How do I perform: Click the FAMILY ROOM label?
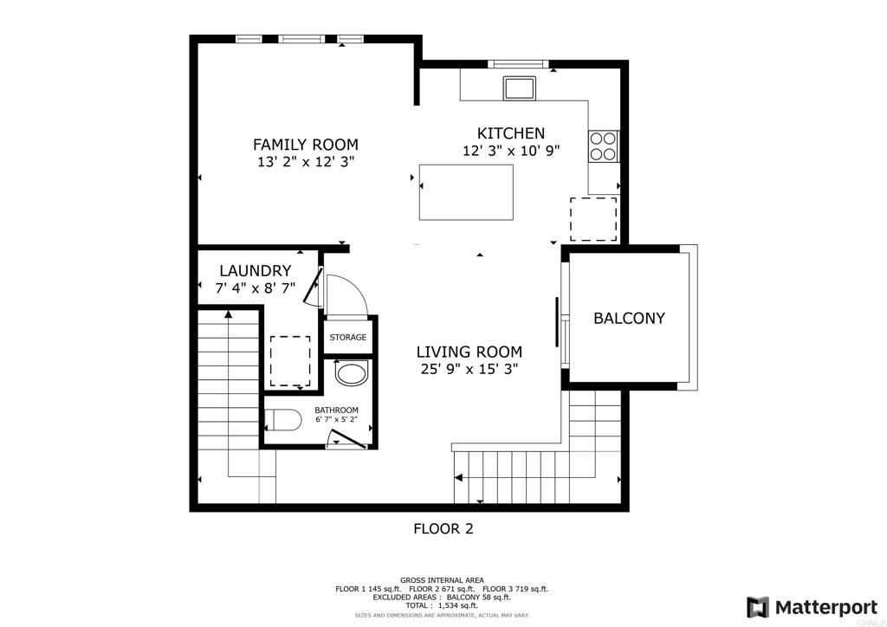point(305,145)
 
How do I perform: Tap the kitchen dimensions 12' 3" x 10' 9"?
point(511,150)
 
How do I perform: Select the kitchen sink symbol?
point(520,88)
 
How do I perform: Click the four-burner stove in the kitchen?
point(604,145)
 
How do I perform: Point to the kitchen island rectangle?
point(466,192)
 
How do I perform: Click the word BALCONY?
point(629,318)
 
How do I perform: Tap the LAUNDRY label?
point(255,271)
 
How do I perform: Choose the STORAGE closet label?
point(347,338)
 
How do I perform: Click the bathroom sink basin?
point(352,374)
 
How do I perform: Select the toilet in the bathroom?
point(282,421)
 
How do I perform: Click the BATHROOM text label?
point(336,410)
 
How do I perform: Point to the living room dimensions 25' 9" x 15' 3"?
point(469,369)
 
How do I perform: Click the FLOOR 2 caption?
point(443,528)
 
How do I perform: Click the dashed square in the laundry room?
point(290,361)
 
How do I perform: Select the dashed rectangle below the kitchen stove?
point(593,219)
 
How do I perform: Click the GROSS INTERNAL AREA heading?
point(442,580)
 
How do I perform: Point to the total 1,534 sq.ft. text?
point(442,605)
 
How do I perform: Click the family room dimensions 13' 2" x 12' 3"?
point(305,162)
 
